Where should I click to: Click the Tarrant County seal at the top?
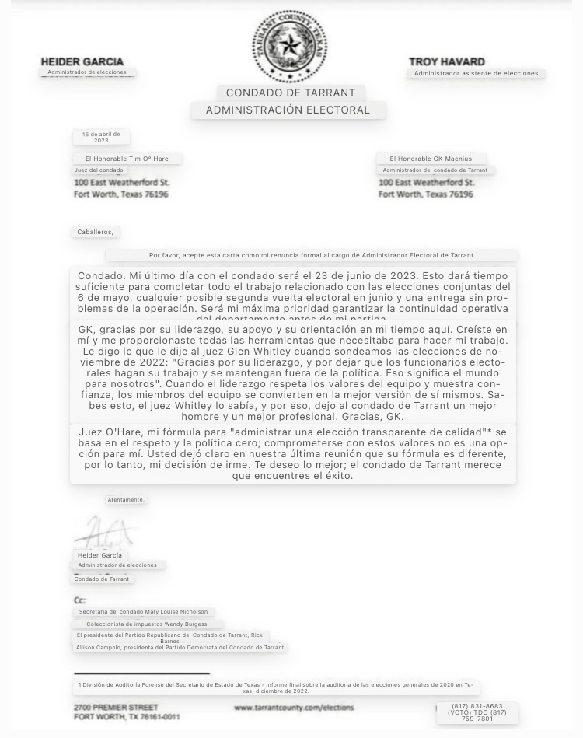tap(289, 45)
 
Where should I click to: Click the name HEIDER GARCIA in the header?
tap(82, 61)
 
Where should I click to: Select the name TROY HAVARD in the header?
tap(447, 61)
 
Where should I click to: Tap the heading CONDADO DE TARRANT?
tap(291, 93)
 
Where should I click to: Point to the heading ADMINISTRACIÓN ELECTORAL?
tap(288, 110)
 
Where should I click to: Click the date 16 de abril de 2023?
tap(101, 137)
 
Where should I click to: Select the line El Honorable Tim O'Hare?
tap(127, 159)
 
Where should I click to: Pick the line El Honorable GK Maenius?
tap(431, 159)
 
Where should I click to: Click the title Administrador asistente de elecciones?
tap(476, 73)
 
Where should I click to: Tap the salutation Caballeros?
tap(95, 232)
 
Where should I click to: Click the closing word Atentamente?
tap(126, 499)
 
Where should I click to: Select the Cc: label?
tap(79, 600)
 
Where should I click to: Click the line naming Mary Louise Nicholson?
tap(143, 612)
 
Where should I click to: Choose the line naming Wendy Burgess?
tap(147, 624)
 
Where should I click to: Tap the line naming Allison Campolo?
tap(180, 647)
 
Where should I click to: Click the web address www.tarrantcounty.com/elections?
tap(294, 708)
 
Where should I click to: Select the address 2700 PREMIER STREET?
tap(116, 708)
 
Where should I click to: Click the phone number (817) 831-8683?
tap(477, 706)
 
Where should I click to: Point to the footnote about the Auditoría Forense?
tap(276, 687)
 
